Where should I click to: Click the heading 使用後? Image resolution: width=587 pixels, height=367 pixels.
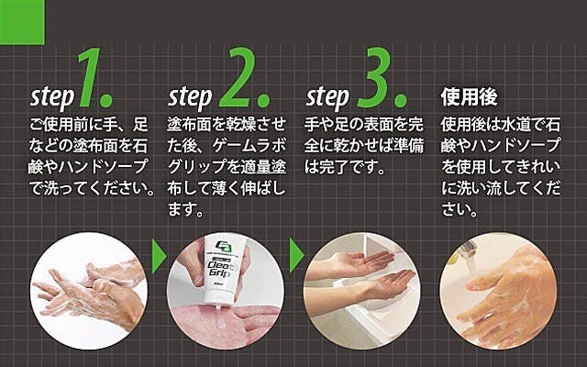coord(469,97)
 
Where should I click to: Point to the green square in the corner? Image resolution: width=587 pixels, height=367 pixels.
coord(22,22)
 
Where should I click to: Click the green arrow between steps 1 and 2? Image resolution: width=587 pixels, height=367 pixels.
coord(159,256)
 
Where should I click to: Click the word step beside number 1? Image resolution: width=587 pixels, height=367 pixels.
coord(52,98)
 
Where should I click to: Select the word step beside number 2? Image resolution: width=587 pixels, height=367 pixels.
coord(190,98)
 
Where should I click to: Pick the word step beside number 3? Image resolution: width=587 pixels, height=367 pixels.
coord(328,98)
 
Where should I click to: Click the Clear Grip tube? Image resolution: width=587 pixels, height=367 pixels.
coord(224,271)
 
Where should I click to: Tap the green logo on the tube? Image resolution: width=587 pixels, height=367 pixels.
coord(224,247)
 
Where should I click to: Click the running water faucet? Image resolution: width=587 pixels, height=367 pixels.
coord(467,249)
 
